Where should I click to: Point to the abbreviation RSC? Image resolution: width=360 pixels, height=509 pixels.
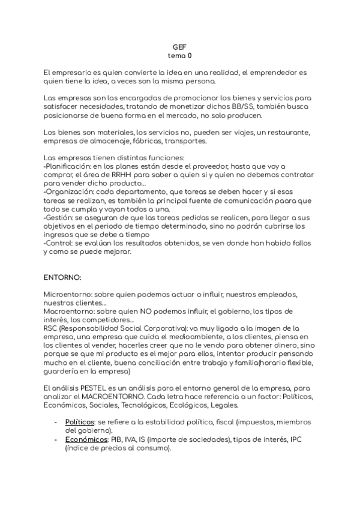pyautogui.click(x=52, y=329)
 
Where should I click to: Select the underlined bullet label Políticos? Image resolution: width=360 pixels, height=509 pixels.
pyautogui.click(x=79, y=423)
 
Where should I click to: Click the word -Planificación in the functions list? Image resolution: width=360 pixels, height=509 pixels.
pyautogui.click(x=67, y=166)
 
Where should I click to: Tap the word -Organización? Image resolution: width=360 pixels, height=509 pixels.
pyautogui.click(x=68, y=192)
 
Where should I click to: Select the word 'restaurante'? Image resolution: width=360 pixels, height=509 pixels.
pyautogui.click(x=288, y=132)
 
